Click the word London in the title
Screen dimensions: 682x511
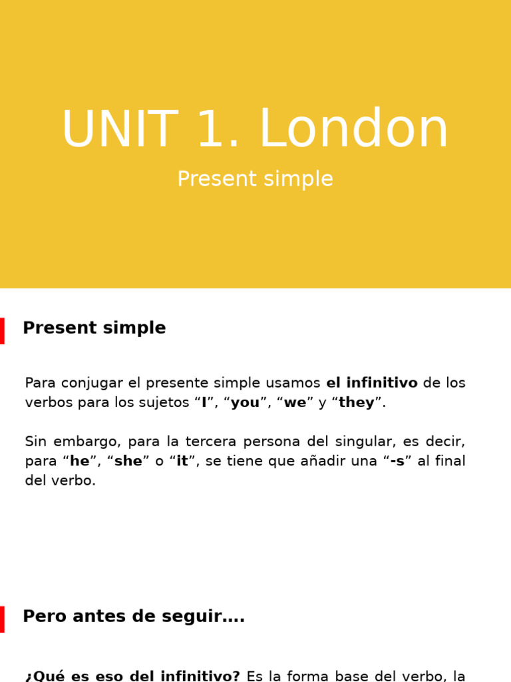point(353,130)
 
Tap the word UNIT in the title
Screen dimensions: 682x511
point(120,130)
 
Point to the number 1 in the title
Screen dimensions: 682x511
point(211,130)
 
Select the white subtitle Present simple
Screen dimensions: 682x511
point(255,179)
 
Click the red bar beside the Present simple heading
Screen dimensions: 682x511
point(2,331)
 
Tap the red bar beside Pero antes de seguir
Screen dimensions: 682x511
point(2,619)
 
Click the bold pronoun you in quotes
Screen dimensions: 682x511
point(245,403)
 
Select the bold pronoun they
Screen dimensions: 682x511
point(357,403)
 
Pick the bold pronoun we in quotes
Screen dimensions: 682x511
point(295,403)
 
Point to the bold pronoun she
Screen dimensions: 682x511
point(128,462)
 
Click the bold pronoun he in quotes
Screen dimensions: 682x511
point(79,462)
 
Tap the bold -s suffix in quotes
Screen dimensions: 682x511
point(397,462)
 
